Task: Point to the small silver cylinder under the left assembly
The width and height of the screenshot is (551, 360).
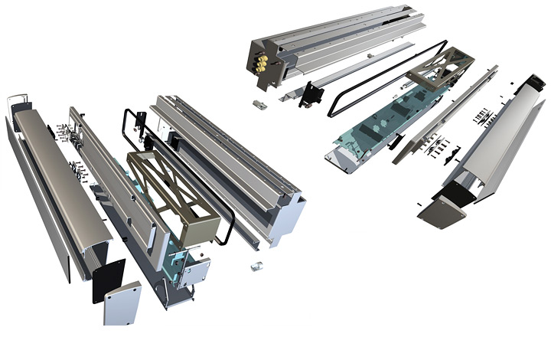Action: coord(257,266)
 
